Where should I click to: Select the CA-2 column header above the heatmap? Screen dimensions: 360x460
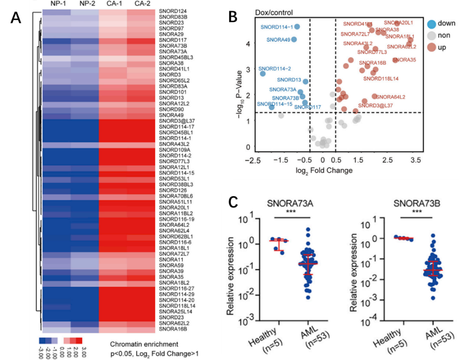coord(141,4)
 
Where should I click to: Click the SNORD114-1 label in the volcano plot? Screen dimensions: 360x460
coord(277,27)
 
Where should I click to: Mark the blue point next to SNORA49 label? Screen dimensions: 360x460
coord(294,39)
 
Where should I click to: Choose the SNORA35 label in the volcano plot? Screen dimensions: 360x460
coord(404,60)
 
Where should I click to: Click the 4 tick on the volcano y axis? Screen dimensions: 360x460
coord(248,43)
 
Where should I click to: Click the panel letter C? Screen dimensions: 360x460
coord(233,202)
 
